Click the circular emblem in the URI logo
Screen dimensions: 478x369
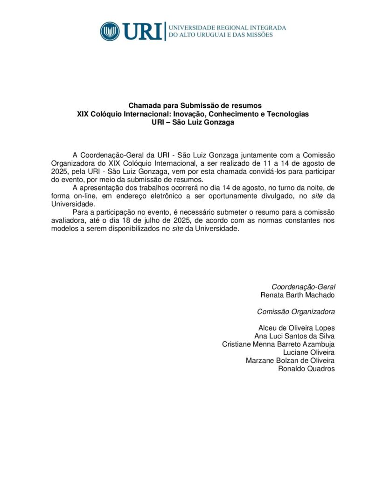(110, 31)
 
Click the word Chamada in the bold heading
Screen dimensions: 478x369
(143, 105)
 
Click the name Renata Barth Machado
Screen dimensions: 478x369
(298, 295)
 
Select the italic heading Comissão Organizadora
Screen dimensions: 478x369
(296, 311)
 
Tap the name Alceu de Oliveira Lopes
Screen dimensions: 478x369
(297, 328)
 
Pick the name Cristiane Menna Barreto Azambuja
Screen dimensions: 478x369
(278, 344)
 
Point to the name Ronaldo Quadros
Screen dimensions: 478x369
(306, 369)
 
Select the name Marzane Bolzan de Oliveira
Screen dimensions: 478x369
(290, 360)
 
